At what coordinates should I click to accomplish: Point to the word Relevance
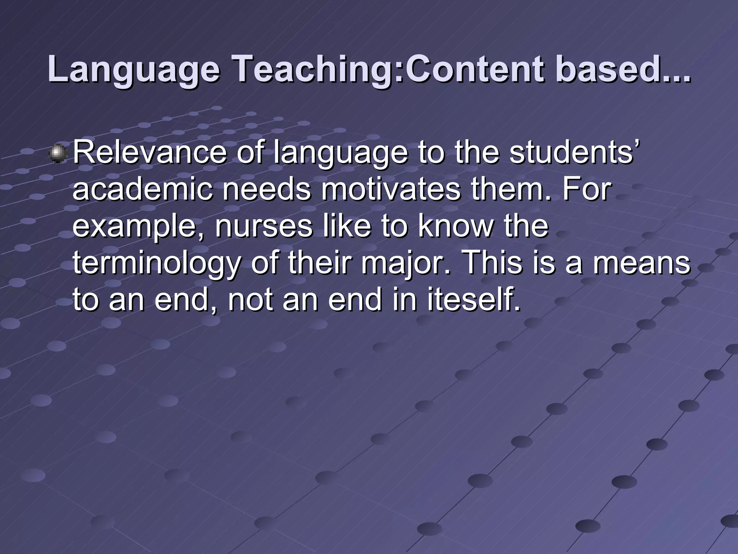pos(150,153)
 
